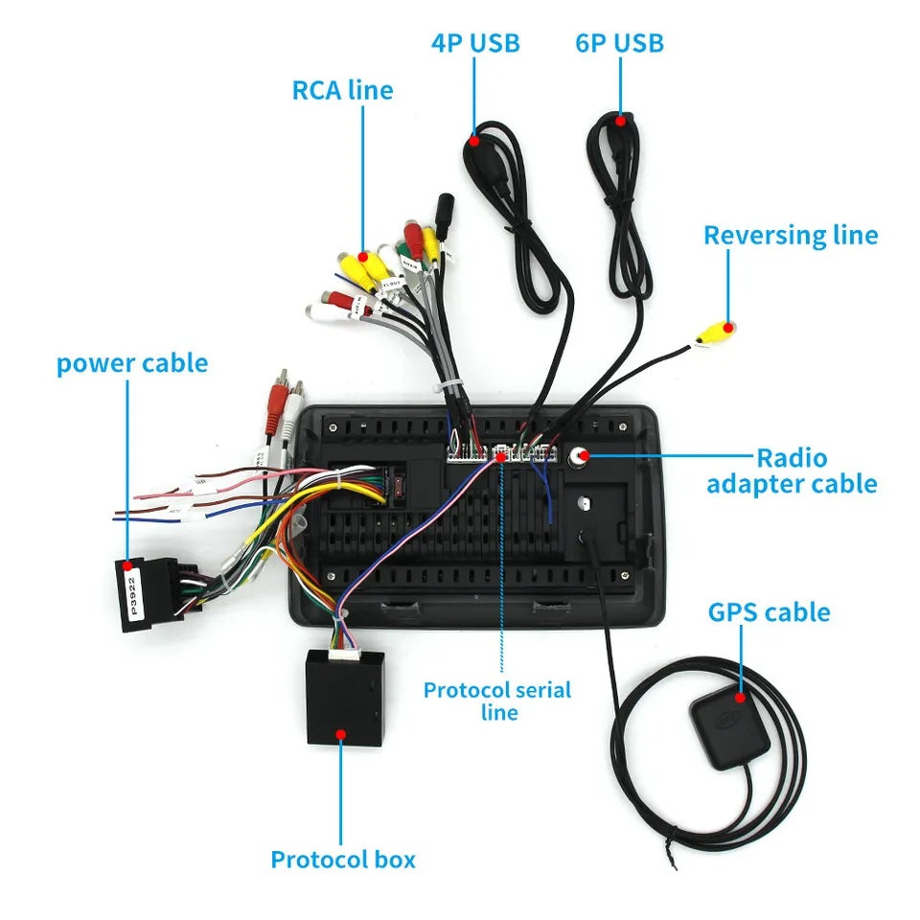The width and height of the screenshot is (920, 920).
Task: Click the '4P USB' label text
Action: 475,43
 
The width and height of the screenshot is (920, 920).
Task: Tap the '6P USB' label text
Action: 619,43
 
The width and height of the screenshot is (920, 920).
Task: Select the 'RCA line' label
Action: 342,90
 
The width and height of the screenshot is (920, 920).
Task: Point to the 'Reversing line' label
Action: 791,236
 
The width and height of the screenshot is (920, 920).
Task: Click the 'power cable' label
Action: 132,364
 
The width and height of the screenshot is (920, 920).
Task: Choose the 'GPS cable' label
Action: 769,612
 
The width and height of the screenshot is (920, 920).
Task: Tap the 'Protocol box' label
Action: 343,860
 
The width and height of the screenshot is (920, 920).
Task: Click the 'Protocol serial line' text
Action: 497,701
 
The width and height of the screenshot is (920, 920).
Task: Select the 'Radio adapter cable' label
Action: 792,471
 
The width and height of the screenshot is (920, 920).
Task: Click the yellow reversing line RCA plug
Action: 717,333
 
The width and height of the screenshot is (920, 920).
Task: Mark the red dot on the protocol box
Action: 341,734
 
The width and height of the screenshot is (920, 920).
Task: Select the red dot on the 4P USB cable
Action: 474,141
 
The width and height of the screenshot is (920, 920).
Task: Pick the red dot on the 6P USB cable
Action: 620,121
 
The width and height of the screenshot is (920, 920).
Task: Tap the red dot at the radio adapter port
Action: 582,457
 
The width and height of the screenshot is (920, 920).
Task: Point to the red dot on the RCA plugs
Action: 364,257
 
